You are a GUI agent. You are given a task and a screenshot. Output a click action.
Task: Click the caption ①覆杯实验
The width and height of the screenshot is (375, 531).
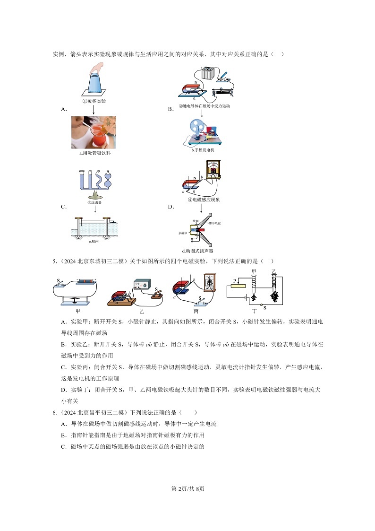pos(94,101)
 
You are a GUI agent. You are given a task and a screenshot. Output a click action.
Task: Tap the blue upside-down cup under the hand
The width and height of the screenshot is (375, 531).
pos(96,83)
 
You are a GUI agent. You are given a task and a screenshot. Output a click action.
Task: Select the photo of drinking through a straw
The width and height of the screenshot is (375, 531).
pos(94,133)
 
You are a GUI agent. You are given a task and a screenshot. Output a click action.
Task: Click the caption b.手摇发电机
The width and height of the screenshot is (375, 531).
pos(203,150)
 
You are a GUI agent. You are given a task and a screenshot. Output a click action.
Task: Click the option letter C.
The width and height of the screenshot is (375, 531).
pos(63,207)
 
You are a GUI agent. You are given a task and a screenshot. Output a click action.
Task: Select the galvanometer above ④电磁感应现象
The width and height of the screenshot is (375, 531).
pos(213,170)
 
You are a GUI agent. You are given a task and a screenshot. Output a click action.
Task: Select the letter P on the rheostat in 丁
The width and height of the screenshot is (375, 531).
pos(234,280)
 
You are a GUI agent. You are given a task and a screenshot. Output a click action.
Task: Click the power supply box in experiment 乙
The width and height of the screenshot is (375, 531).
pos(144,285)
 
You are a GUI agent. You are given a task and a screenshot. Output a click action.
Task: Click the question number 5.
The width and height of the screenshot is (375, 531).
pos(54,261)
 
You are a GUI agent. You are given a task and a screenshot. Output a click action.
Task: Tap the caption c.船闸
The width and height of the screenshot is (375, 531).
pos(94,242)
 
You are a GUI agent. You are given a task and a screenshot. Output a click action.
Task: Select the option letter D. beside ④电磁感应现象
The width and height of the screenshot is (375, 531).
pos(171,207)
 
